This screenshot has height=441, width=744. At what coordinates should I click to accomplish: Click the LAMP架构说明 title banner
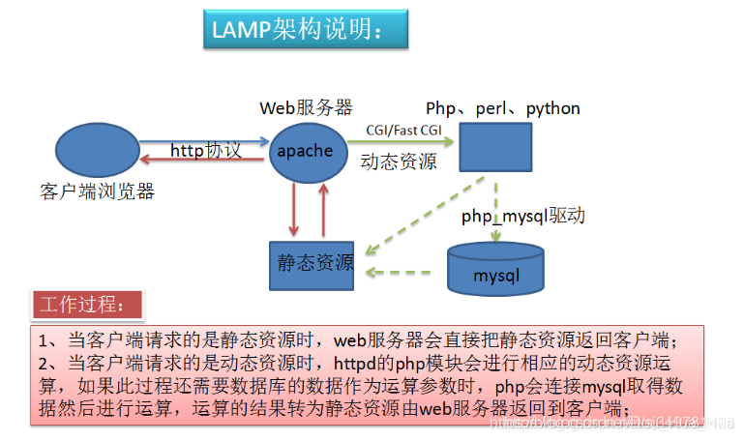[305, 30]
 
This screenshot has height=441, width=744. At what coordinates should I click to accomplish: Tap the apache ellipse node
[306, 151]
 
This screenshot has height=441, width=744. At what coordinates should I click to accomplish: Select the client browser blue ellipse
[96, 150]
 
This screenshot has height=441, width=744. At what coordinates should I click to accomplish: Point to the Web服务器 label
[306, 107]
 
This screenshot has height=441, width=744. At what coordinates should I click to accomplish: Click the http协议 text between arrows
[205, 150]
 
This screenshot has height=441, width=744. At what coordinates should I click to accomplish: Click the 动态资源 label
[398, 161]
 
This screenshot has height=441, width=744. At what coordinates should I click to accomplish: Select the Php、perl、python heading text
[503, 107]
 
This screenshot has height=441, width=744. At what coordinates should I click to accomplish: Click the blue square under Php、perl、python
[494, 150]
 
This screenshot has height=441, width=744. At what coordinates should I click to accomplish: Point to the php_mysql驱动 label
[523, 215]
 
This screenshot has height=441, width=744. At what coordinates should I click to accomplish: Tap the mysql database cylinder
[495, 270]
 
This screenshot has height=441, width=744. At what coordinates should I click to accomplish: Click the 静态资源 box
[311, 262]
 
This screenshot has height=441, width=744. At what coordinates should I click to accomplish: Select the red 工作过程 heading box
[88, 305]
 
